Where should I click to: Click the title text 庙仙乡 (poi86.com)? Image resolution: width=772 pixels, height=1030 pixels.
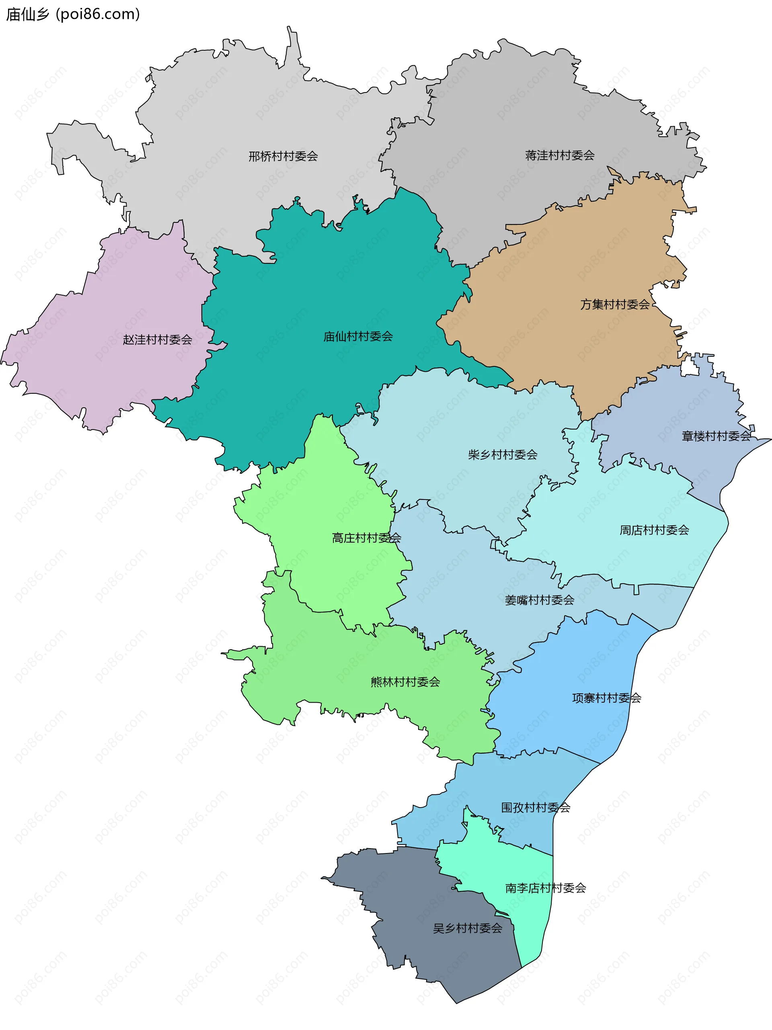click(x=73, y=14)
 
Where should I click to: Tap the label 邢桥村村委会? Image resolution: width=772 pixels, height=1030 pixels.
click(x=283, y=156)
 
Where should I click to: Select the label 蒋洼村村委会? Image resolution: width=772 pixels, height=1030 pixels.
click(x=560, y=156)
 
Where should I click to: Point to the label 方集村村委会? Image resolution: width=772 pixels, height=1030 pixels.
click(x=615, y=304)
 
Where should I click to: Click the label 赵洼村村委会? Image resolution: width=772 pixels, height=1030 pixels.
click(x=157, y=340)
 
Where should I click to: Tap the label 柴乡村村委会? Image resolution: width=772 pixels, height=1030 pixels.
click(x=503, y=455)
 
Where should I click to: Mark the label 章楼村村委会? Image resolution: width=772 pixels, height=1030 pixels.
click(x=716, y=436)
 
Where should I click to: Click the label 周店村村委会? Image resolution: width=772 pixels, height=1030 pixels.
click(x=654, y=530)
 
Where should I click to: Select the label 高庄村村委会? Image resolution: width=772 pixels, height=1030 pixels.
click(x=366, y=538)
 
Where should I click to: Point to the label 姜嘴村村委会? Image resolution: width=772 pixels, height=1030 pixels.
click(x=539, y=600)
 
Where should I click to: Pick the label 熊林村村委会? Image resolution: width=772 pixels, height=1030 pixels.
click(x=405, y=683)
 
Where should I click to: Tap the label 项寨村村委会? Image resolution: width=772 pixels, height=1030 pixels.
click(x=606, y=698)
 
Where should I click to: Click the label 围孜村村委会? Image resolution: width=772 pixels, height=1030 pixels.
click(x=536, y=808)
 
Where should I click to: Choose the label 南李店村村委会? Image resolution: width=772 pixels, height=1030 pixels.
click(x=545, y=888)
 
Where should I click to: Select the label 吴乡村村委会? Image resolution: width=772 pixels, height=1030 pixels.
click(x=468, y=929)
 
